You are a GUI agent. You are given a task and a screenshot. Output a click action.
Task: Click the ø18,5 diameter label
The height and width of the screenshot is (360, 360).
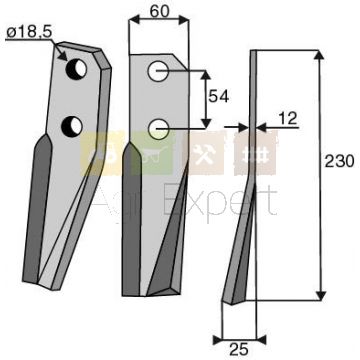point(29,32)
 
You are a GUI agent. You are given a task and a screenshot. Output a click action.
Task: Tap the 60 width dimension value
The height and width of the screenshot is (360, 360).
point(159,12)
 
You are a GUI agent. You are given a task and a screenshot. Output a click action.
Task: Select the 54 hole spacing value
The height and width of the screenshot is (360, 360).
point(219,97)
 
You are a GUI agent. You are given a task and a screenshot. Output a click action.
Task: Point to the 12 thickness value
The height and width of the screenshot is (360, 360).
point(287,118)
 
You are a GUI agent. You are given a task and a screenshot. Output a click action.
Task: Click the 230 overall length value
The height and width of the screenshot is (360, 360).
point(339,162)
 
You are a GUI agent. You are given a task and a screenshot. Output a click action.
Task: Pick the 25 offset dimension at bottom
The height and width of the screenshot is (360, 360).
point(239,350)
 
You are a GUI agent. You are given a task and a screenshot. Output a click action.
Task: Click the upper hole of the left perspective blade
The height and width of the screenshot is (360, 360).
point(77,68)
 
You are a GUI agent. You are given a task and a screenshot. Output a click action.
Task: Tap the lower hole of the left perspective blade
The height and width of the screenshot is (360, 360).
point(72,127)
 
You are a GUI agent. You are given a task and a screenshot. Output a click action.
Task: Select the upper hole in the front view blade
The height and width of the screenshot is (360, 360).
point(158,71)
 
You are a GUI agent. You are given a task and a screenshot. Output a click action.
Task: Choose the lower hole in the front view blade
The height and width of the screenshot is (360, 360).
point(158,129)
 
